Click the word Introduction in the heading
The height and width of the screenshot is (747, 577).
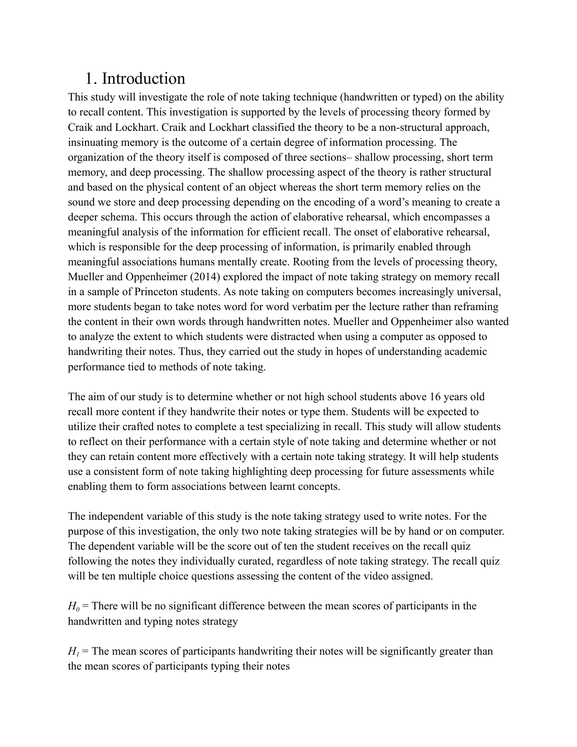(x=143, y=79)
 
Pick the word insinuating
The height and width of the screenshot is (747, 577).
(x=92, y=142)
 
